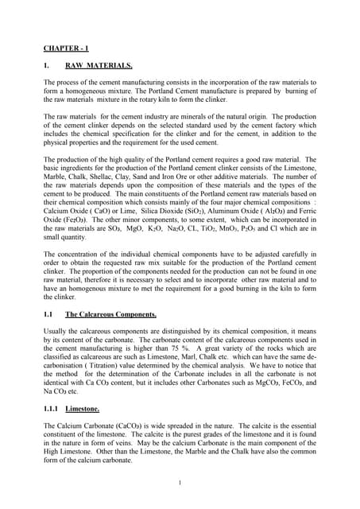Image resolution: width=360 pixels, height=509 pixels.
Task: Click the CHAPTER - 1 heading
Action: click(66, 48)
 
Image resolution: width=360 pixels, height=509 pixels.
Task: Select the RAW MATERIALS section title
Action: click(99, 66)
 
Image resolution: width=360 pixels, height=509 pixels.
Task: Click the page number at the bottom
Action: click(180, 482)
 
